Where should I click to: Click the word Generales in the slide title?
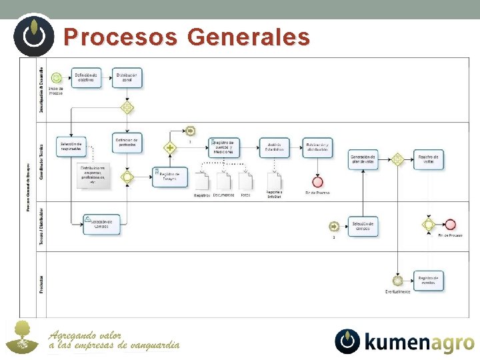[249, 37]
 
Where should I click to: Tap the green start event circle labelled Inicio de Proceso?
[57, 78]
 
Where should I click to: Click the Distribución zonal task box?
[127, 77]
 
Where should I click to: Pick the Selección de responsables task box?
[71, 147]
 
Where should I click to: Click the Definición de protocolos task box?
[127, 143]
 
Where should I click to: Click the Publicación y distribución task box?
[317, 147]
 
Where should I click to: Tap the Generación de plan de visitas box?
[363, 159]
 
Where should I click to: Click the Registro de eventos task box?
[428, 280]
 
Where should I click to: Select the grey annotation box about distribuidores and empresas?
[93, 176]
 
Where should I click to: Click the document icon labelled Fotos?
[245, 181]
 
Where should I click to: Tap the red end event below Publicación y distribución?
[317, 181]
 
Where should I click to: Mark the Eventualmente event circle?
[398, 281]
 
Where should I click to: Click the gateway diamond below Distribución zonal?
[127, 107]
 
